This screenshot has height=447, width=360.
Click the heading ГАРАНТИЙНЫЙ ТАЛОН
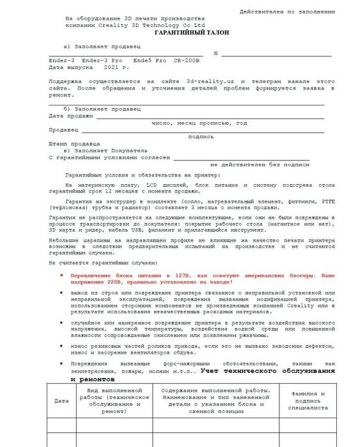click(191, 32)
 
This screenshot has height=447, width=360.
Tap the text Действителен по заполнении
click(286, 12)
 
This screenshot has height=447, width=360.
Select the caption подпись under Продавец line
click(201, 136)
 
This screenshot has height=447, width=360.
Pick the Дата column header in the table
click(61, 401)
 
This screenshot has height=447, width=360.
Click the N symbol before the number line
click(215, 54)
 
